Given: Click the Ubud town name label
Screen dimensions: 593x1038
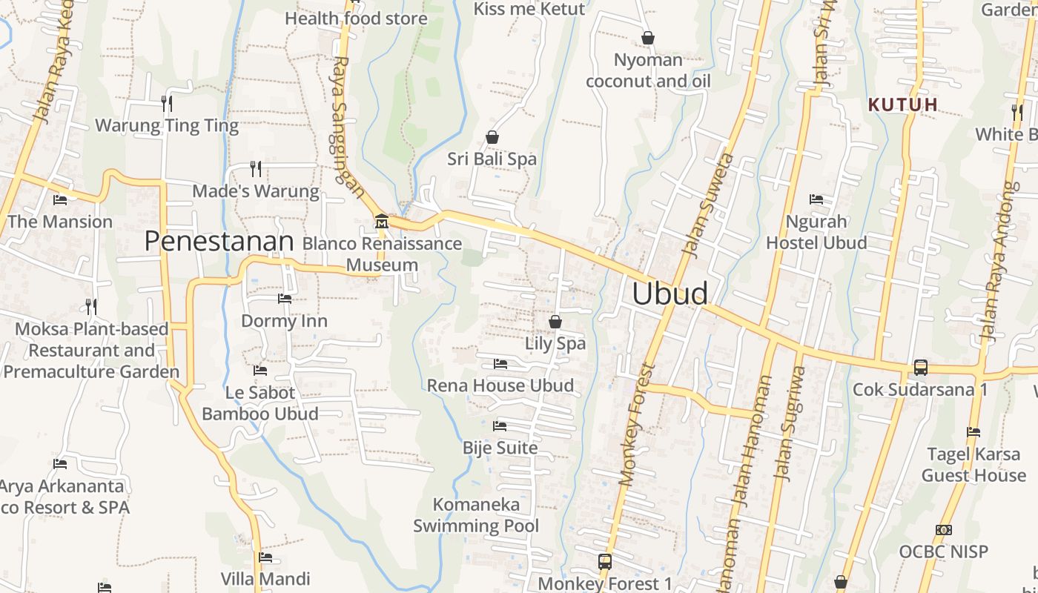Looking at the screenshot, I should coord(670,294).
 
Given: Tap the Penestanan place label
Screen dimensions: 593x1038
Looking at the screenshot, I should coord(219,241).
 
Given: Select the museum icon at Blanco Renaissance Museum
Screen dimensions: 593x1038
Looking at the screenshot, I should coord(381,221).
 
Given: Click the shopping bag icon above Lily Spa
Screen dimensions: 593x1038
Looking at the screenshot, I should coord(555,322).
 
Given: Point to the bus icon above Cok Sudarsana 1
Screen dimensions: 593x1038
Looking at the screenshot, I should coord(920,367).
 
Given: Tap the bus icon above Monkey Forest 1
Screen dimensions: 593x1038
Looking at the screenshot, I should coord(605,561).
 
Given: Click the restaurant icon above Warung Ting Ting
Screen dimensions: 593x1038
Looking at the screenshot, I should coord(167,103).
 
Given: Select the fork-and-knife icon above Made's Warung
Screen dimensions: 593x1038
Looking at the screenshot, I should coord(256,169).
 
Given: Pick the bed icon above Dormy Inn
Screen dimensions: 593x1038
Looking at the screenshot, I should coord(284,299).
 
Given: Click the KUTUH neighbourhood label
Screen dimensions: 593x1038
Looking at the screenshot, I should coord(903,105).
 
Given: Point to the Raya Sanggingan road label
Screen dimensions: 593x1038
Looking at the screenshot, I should coord(348,127).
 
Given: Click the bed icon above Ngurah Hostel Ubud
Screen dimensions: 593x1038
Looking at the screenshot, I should coord(816,199).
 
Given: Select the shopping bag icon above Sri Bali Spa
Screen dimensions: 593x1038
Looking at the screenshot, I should coord(492,137).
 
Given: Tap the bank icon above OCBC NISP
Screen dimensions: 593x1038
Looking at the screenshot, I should coord(944,530).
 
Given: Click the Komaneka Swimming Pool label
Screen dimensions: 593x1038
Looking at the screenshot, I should coord(476,515).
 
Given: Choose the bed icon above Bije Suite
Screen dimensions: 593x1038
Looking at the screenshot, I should coord(500,426).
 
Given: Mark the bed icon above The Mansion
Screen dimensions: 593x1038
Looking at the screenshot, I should coord(60,200).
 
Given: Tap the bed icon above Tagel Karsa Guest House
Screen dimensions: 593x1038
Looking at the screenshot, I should coord(973,432).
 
